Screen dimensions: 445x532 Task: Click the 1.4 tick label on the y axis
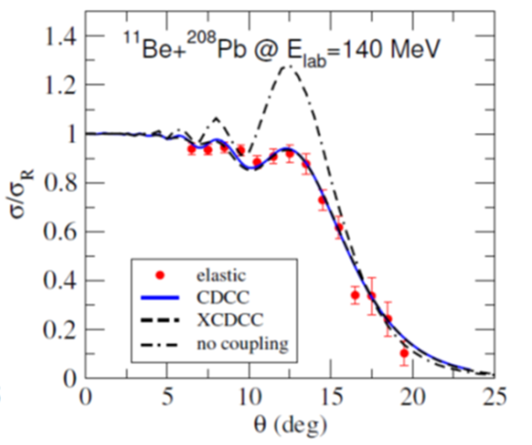pos(59,36)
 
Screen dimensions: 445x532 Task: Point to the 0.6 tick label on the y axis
pos(59,232)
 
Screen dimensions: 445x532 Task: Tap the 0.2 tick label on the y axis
pos(59,330)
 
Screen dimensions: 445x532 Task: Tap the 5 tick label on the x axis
pos(166,396)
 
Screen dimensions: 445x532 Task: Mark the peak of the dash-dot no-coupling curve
pos(286,66)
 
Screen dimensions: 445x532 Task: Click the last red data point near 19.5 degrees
pos(403,353)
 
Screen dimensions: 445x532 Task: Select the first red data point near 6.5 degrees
pos(191,149)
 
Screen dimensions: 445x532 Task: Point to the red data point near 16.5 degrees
pos(355,295)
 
